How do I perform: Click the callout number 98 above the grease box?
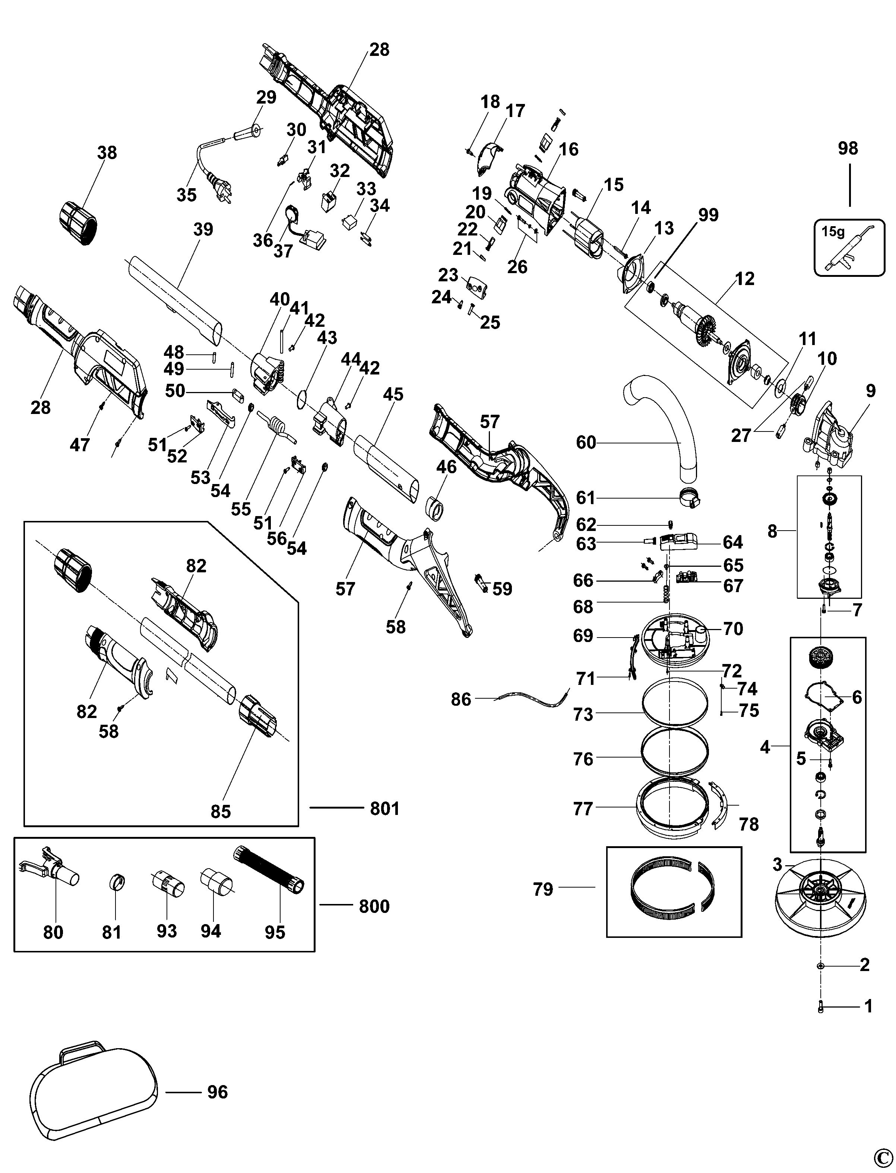[848, 148]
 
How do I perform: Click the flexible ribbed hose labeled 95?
[269, 870]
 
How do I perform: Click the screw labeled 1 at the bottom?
[820, 1006]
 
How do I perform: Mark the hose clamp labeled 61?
[687, 498]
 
